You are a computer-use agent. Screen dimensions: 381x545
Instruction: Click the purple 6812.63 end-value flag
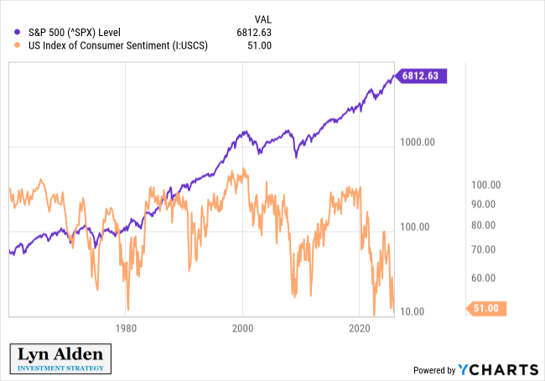(423, 76)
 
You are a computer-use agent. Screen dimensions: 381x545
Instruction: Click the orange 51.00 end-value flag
(485, 308)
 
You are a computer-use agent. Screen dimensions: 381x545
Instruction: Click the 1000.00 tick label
(417, 143)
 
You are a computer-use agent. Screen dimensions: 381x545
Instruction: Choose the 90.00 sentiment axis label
(485, 204)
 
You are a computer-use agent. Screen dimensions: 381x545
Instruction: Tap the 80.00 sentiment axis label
(485, 225)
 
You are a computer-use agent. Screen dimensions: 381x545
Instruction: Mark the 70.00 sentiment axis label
(485, 249)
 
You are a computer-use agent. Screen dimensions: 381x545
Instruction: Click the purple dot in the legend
(18, 33)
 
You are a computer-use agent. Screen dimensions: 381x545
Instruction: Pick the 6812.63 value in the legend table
(254, 33)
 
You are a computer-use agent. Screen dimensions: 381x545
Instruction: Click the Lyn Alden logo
(60, 358)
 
